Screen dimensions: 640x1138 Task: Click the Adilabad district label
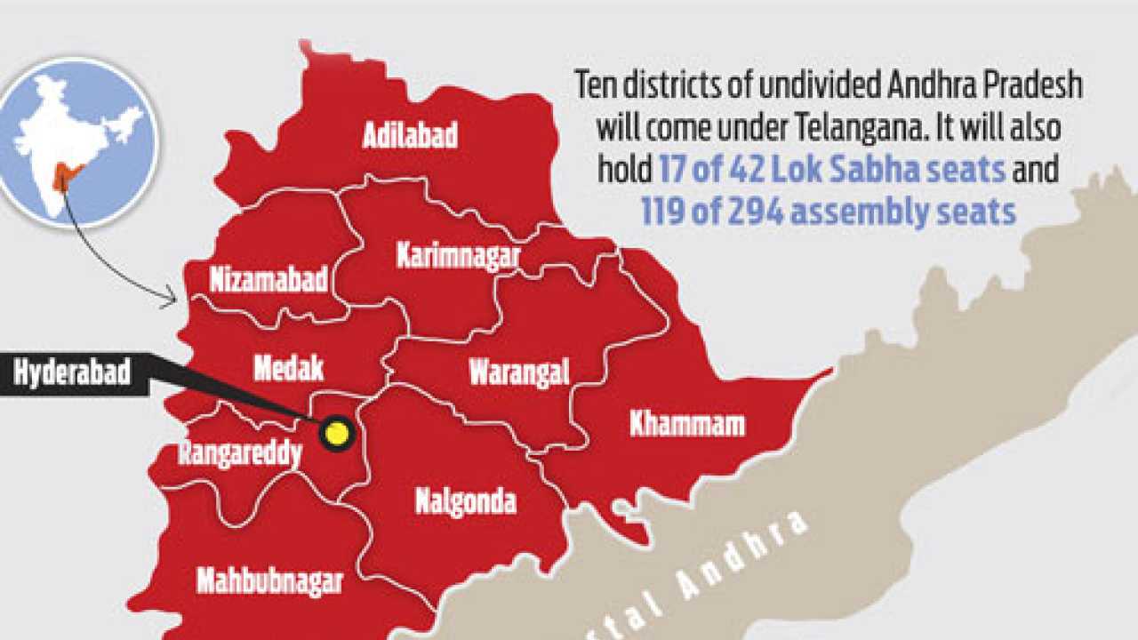click(410, 135)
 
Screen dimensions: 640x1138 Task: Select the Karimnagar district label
click(458, 257)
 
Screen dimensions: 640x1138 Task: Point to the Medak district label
click(288, 367)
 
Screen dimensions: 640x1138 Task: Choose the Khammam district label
click(686, 424)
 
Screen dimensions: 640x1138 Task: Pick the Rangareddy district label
click(240, 452)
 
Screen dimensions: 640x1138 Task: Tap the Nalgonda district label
click(465, 502)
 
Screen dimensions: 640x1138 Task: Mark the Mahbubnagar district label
click(269, 582)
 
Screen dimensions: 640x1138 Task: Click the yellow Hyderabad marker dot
click(337, 434)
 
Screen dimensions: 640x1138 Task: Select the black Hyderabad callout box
click(72, 372)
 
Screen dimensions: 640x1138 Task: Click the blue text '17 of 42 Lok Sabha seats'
click(832, 168)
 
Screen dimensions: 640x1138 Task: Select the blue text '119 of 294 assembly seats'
click(828, 212)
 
